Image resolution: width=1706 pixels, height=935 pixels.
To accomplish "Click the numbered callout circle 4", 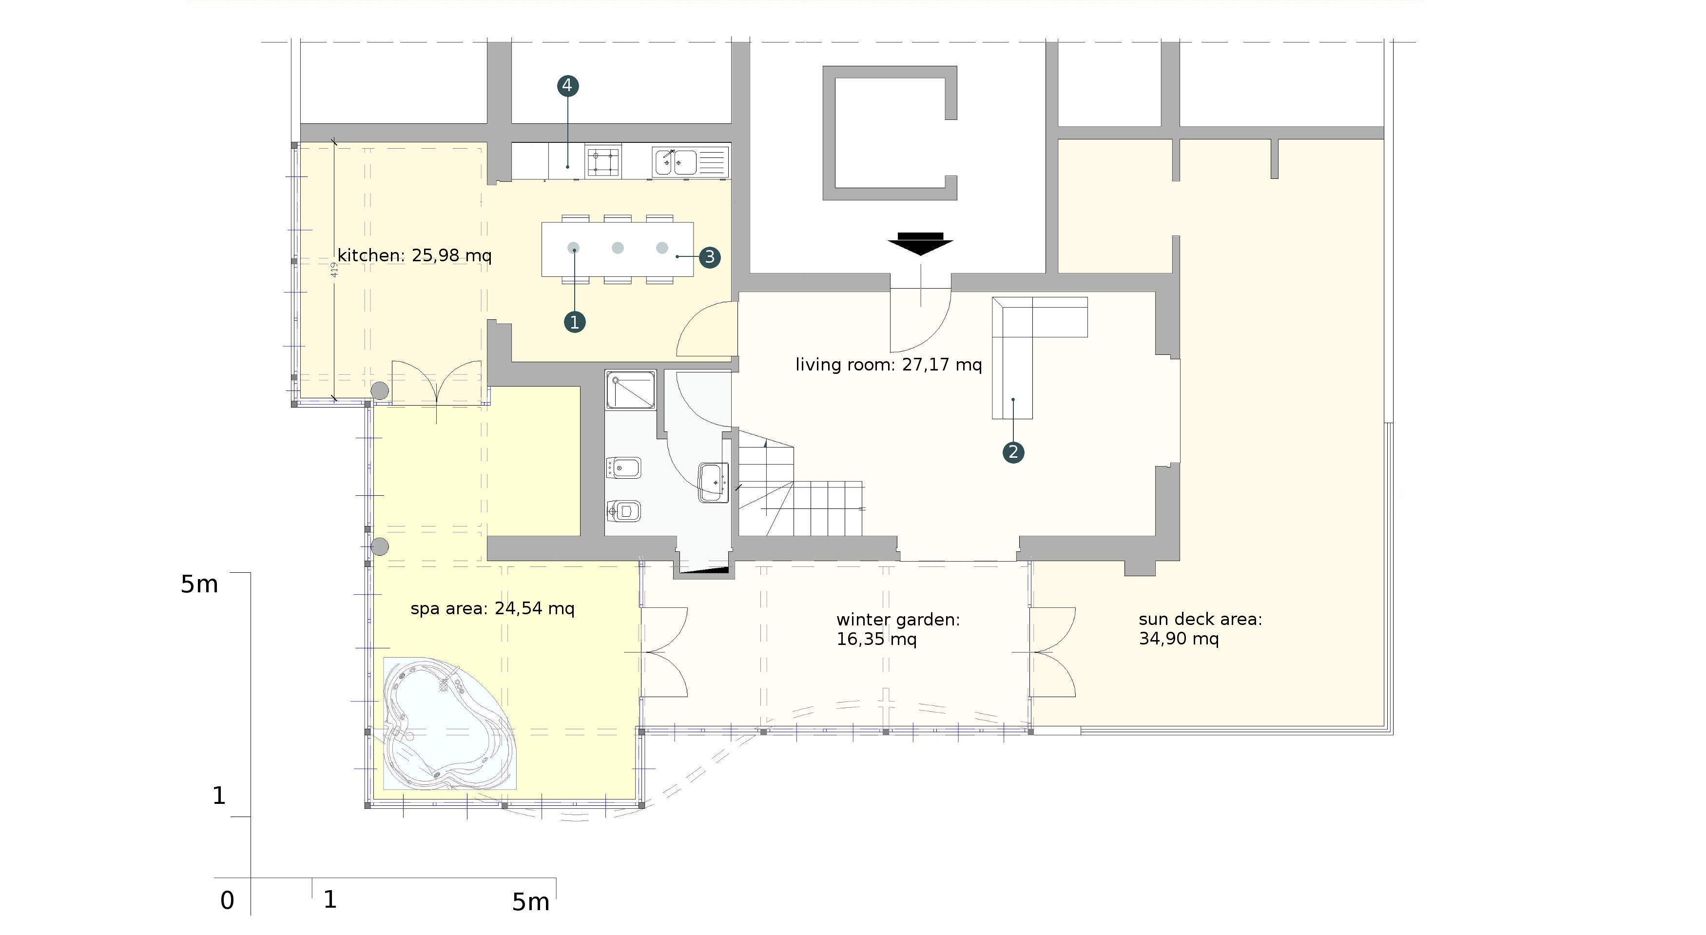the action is (567, 85).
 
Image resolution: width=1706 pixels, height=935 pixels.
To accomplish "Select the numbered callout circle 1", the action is (574, 323).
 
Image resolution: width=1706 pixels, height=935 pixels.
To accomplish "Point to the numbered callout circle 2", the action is (1012, 452).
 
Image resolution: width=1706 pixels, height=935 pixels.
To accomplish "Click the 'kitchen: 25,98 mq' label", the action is (415, 255).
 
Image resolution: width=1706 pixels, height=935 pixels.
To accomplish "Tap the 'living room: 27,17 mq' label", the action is (888, 364).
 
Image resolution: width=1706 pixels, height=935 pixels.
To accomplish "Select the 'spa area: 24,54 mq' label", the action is (492, 608).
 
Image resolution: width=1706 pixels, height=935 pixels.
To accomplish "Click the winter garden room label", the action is (898, 629).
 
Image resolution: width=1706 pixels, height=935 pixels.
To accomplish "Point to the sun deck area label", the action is (1200, 628).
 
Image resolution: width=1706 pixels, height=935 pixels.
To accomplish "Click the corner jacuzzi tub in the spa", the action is (449, 723).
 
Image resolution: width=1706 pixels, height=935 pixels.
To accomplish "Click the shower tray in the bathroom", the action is (630, 390).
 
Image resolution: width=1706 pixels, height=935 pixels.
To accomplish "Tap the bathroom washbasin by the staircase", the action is (713, 483).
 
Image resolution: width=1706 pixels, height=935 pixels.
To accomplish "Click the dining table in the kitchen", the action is (617, 249).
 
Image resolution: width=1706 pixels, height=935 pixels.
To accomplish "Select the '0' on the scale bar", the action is (227, 900).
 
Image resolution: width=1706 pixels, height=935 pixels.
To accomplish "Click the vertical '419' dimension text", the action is (334, 270).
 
